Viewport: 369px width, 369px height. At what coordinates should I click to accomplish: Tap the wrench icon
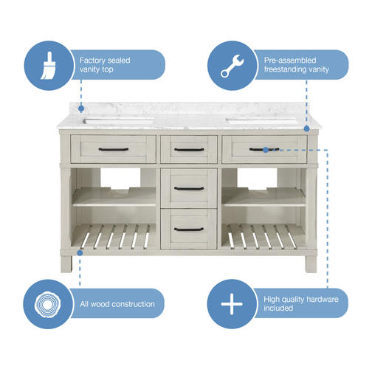232,66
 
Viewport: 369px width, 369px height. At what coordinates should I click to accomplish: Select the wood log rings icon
47,305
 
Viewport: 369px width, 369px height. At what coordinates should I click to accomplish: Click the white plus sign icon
232,304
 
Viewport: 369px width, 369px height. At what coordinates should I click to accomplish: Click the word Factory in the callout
92,61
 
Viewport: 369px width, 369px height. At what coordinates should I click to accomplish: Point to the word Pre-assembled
290,61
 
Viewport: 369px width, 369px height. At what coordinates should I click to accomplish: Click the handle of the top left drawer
114,149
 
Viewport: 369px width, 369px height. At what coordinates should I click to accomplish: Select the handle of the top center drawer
189,150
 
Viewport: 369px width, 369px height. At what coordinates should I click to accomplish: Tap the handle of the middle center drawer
189,189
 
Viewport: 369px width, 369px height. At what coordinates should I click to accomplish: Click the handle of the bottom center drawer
189,230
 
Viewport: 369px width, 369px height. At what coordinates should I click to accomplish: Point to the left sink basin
118,121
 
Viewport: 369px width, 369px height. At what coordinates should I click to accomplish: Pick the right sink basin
261,121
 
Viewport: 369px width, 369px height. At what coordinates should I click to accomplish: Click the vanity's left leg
66,263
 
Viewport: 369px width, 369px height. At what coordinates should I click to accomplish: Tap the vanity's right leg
311,263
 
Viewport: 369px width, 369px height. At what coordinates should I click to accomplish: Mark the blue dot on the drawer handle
266,150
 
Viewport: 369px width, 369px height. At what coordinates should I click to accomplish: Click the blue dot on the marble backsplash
81,108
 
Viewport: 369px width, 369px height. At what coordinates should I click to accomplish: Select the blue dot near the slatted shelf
80,252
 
